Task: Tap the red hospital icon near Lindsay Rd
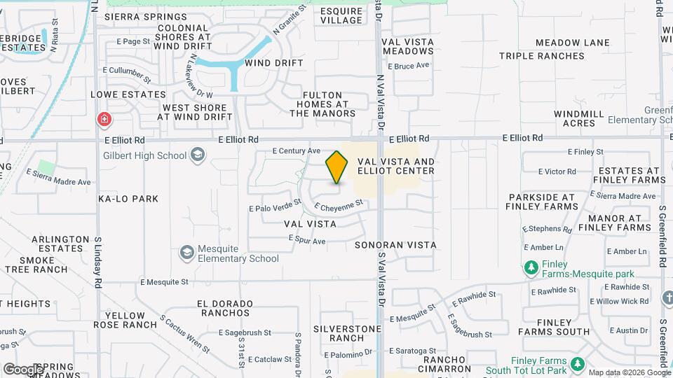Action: click(104, 120)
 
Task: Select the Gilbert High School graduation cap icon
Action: click(198, 155)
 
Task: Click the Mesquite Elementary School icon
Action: click(187, 252)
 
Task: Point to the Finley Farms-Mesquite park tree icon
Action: click(531, 267)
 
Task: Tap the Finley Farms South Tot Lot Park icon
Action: click(577, 364)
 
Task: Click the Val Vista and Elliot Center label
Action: click(396, 166)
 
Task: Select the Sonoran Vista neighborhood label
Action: click(395, 245)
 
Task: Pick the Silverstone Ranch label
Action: click(347, 333)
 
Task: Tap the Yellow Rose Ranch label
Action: click(125, 320)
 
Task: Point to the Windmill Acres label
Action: click(579, 118)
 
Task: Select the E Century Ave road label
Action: click(297, 150)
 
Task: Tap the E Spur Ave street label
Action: click(307, 241)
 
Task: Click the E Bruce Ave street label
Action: click(412, 66)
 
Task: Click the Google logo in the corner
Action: click(24, 369)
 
